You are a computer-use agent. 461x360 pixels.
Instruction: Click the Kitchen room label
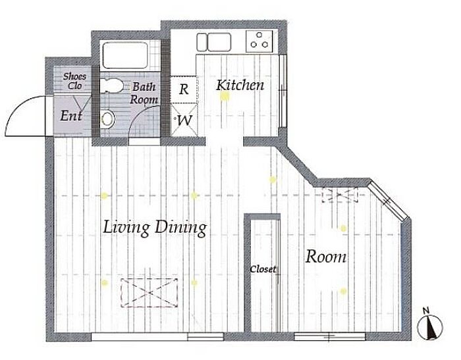pos(240,85)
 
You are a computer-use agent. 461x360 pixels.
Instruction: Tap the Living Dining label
pos(155,228)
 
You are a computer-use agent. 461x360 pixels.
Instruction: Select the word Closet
pos(263,269)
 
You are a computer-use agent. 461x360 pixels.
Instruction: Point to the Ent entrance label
pos(71,115)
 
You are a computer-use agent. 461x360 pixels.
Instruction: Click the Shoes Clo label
pos(74,81)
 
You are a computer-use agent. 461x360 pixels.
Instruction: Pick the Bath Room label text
pos(144,93)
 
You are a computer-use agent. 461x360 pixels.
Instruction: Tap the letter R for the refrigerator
pos(184,90)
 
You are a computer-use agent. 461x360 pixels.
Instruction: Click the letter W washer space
pos(185,120)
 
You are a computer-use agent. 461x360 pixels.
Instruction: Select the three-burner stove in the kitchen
pos(259,41)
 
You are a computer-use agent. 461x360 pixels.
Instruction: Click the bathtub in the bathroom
pos(125,55)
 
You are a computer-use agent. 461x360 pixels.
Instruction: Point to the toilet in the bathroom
pos(111,86)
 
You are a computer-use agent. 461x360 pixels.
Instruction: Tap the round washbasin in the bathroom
pos(108,119)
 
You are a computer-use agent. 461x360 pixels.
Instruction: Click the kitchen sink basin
pos(219,41)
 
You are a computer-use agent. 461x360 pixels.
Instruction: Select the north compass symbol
pos(430,327)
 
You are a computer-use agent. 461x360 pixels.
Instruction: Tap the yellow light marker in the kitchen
pos(225,96)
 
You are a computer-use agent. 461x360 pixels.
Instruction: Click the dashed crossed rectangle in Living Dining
pos(149,293)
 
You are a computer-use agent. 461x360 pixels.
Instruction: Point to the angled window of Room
pos(388,201)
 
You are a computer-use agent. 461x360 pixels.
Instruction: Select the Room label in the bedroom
pos(326,257)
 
